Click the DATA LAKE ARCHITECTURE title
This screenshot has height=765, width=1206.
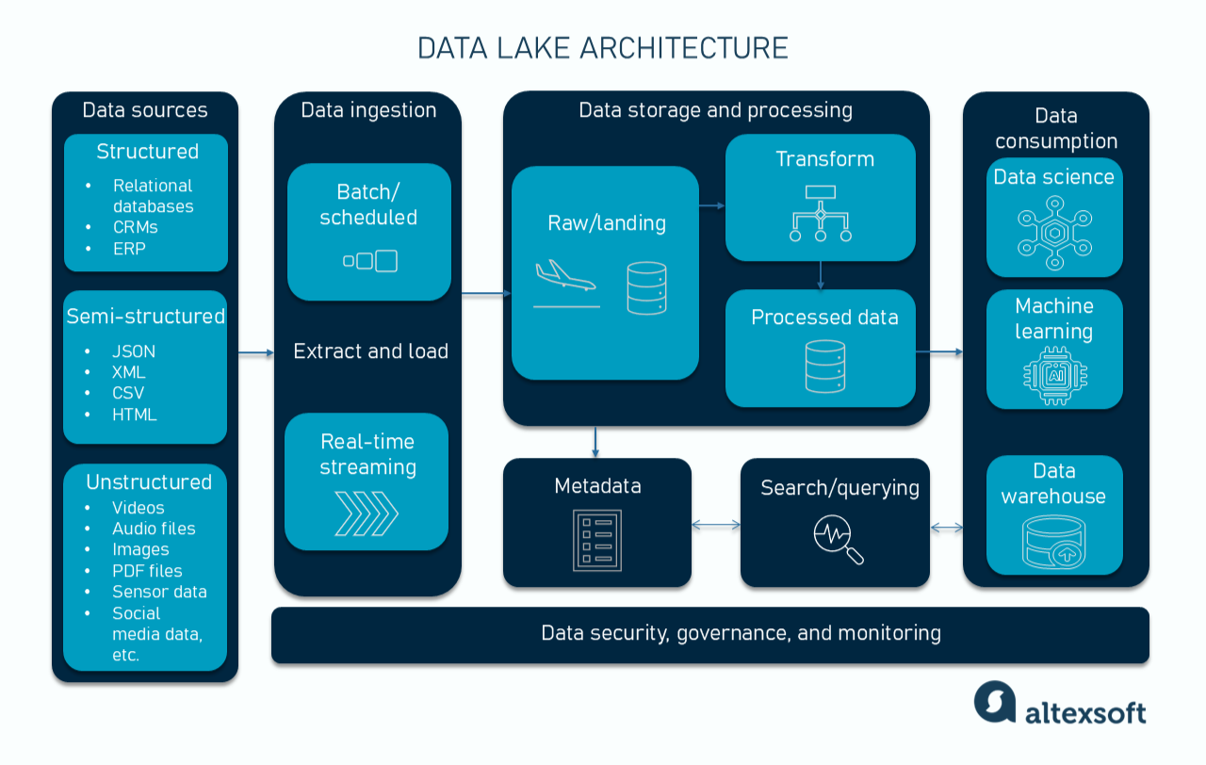coord(603,48)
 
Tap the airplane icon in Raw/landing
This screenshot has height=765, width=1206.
coord(564,280)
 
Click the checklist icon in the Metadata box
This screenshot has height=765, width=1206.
coord(597,540)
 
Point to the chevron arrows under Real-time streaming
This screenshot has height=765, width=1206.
coord(367,514)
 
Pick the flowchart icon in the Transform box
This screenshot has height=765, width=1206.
coord(820,214)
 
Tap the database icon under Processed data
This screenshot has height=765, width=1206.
coord(825,366)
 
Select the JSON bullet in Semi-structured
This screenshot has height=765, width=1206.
coord(133,351)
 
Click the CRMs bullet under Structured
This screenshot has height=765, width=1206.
coord(135,227)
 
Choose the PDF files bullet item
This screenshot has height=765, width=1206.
coord(147,571)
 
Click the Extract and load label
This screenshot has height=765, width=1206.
coord(370,351)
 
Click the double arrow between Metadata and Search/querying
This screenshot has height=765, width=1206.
coord(716,525)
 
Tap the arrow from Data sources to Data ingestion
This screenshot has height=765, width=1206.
coord(255,353)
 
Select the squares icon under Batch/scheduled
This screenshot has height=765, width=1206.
coord(369,261)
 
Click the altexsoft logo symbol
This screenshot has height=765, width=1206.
coord(995,702)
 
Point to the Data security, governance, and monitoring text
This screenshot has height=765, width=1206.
coord(741,632)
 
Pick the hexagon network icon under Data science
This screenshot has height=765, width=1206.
coord(1053,233)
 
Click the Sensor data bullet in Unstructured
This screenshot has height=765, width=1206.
coord(159,592)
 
